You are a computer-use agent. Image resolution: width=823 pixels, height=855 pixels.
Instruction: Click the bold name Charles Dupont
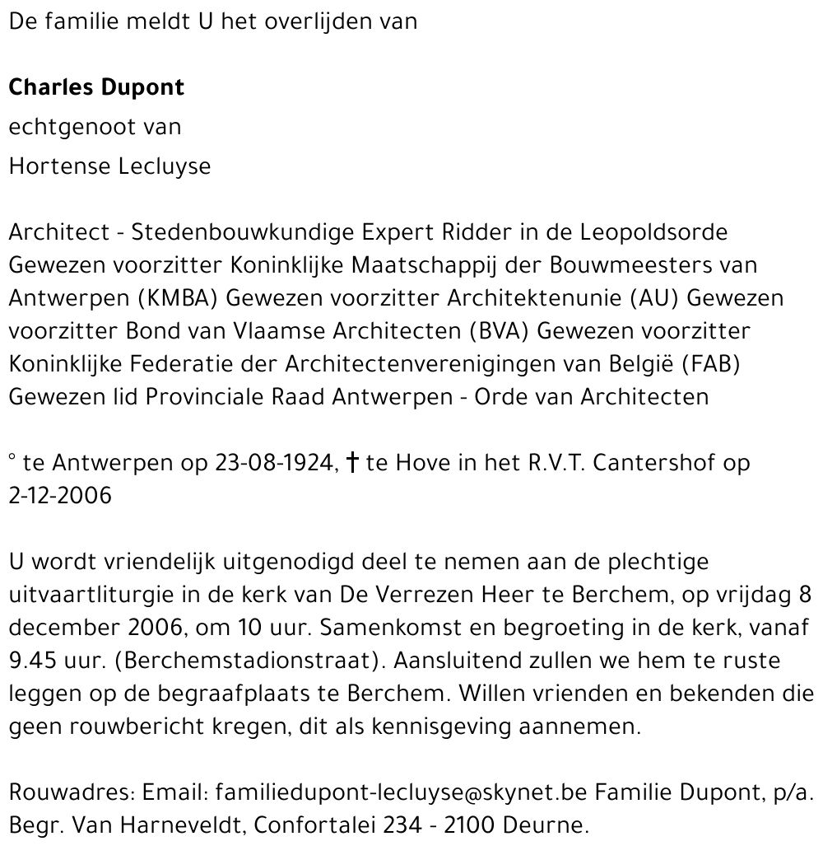96,88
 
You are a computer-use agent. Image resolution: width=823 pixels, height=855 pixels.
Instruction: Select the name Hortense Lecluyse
109,166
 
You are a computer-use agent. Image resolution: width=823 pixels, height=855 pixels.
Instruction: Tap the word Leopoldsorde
654,232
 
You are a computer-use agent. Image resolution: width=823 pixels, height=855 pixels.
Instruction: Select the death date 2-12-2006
60,497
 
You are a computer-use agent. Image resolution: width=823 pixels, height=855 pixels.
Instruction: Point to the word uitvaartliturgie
102,595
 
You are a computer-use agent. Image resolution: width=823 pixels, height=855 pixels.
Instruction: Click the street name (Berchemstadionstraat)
211,661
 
